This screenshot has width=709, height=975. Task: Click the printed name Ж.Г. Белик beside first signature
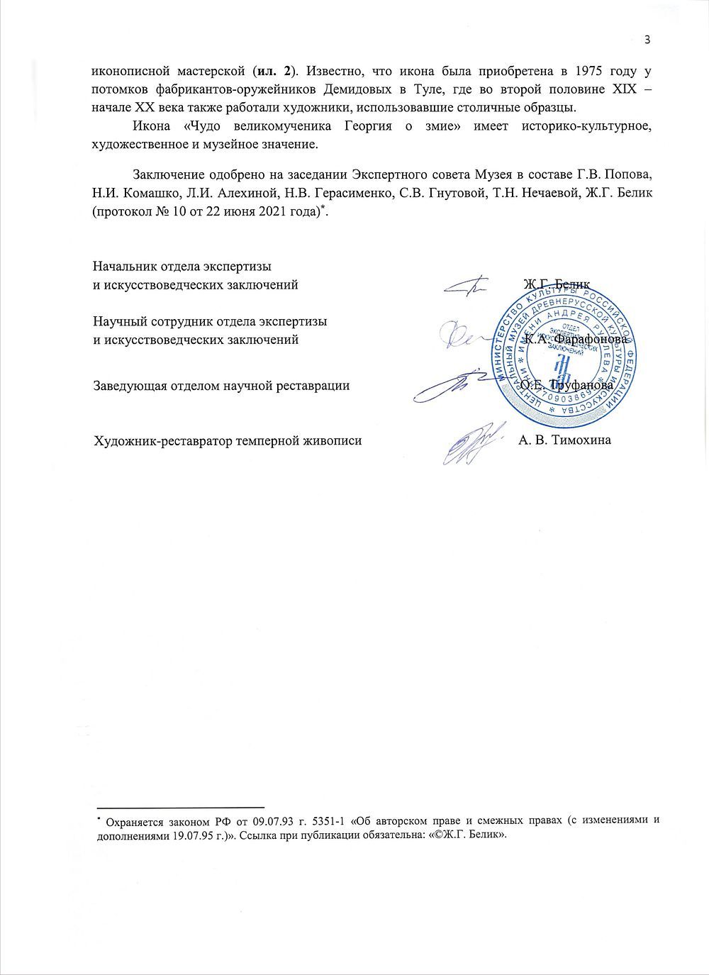point(557,284)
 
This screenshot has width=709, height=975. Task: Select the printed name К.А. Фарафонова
point(576,339)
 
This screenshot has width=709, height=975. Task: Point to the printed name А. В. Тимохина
point(564,440)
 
